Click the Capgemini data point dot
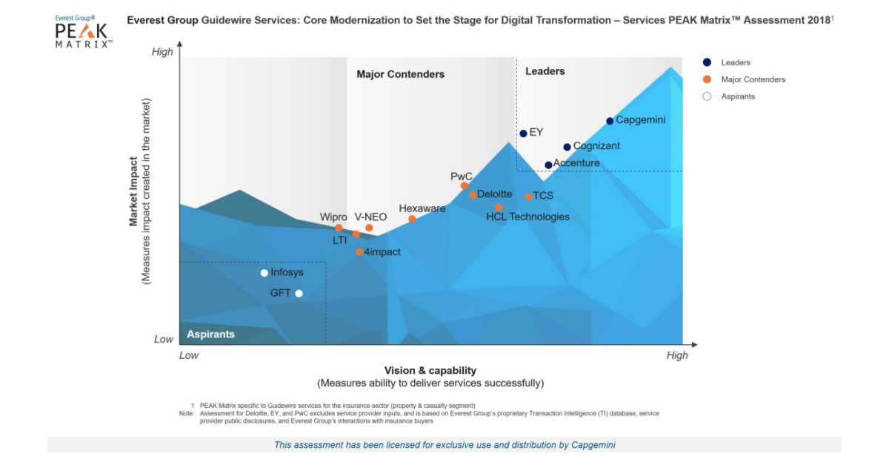[x=610, y=121]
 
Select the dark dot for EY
[x=523, y=133]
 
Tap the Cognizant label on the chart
[x=596, y=146]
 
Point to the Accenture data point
[x=548, y=165]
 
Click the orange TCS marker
[x=528, y=197]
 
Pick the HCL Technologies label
[x=527, y=217]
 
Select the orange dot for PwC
[x=465, y=186]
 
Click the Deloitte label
[x=494, y=194]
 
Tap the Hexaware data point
[x=412, y=219]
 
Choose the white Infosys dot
[x=264, y=273]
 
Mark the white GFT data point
[x=299, y=294]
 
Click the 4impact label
[x=382, y=252]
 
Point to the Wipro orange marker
[x=339, y=228]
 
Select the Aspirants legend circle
[x=707, y=96]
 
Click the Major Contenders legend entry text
[x=753, y=79]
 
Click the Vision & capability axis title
[x=430, y=370]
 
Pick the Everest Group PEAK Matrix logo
[x=84, y=32]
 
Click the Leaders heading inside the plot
[x=545, y=71]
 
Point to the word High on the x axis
[x=676, y=355]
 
